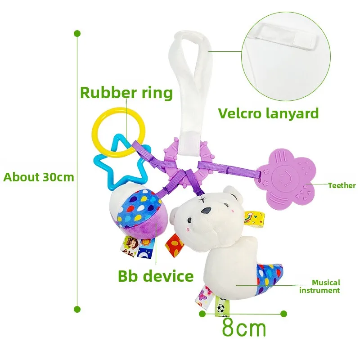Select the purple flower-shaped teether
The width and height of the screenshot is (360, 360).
[291, 180]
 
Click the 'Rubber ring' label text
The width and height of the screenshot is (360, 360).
[126, 93]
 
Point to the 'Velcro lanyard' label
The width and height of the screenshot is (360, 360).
[268, 113]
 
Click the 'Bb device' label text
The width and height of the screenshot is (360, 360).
[156, 276]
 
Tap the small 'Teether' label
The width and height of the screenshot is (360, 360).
[342, 185]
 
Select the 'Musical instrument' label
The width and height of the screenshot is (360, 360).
[326, 287]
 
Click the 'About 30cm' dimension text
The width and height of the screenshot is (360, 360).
[39, 177]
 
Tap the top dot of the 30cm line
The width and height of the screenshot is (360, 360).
[77, 34]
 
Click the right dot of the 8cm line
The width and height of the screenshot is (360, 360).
[283, 313]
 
